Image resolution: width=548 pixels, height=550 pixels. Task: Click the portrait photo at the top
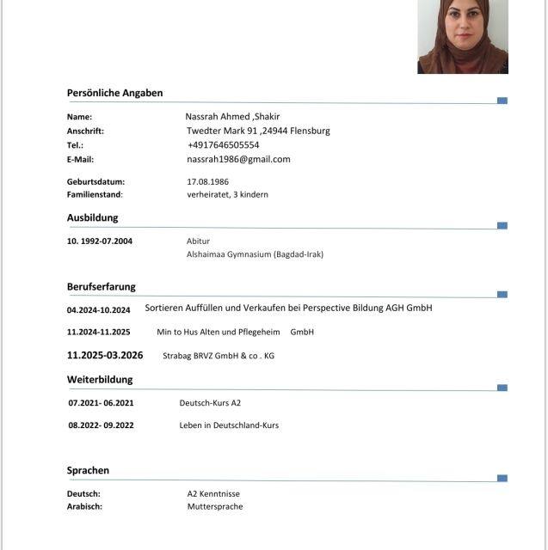tap(463, 36)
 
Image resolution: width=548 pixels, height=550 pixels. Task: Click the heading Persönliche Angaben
tap(114, 93)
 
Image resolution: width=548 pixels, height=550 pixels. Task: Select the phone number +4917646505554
tap(223, 145)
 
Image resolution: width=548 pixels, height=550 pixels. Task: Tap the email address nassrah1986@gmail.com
tap(238, 159)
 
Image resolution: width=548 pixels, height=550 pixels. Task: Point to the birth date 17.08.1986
tap(207, 181)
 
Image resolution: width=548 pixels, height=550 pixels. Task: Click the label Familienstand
tap(94, 194)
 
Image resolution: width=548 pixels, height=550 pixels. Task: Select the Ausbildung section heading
tap(92, 217)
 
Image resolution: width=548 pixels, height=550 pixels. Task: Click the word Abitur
tap(198, 241)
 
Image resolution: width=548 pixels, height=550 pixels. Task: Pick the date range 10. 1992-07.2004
tap(100, 241)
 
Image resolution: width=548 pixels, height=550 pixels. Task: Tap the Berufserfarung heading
tap(101, 286)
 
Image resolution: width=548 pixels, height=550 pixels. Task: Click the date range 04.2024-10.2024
tap(98, 309)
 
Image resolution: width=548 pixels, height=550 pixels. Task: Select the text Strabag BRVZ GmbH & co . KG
tap(219, 356)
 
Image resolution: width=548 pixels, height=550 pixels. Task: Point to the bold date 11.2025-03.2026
tap(105, 355)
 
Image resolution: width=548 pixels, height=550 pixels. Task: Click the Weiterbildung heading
tap(102, 379)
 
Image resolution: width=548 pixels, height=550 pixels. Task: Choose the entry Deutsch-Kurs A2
tap(210, 402)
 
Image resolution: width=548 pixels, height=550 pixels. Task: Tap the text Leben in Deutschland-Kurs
tap(229, 425)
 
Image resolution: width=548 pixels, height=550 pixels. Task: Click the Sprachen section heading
tap(88, 470)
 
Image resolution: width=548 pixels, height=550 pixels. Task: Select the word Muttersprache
tap(215, 507)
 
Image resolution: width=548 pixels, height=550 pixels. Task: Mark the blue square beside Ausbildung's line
tap(502, 225)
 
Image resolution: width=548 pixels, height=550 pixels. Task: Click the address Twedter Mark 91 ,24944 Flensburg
tap(258, 131)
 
